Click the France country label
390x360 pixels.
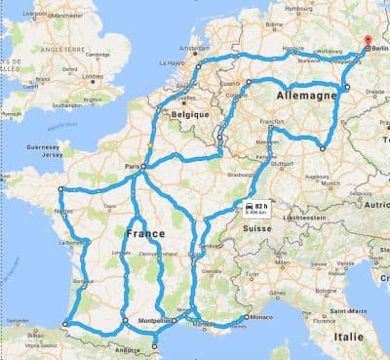(x=144, y=234)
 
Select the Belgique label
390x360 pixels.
(x=191, y=114)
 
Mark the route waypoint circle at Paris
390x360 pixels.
(x=143, y=168)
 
